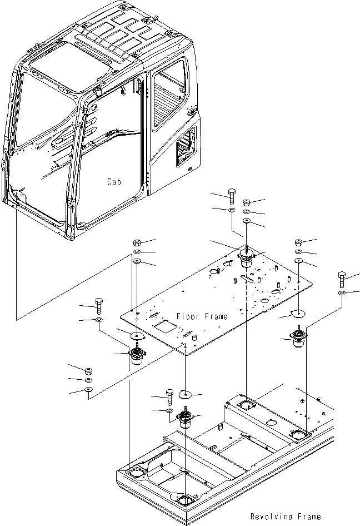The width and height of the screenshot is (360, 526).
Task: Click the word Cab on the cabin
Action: tap(115, 182)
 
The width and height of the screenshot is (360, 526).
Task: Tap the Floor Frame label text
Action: tap(202, 316)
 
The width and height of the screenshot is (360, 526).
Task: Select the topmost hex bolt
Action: tap(232, 195)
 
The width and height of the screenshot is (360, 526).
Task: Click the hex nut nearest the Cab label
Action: tap(137, 242)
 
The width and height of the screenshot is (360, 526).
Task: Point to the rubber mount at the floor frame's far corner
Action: tap(245, 259)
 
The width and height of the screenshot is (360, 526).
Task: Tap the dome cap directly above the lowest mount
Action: tap(184, 395)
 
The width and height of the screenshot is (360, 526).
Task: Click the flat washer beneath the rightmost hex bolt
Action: tap(342, 292)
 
